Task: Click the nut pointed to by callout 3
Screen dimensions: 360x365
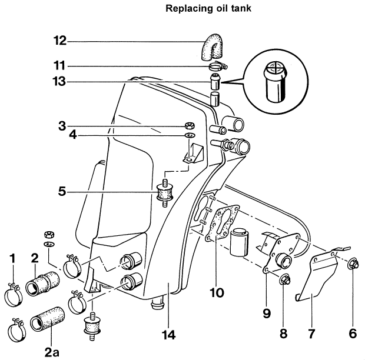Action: (x=190, y=125)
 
